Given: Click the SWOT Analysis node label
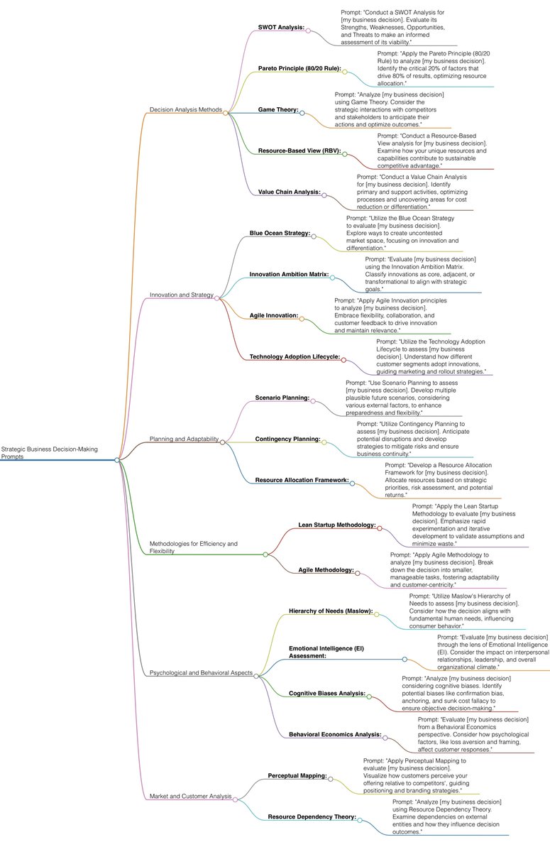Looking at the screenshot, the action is pos(281,28).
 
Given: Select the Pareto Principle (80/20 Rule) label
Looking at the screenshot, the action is pos(299,69).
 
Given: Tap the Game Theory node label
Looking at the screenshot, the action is pos(278,110).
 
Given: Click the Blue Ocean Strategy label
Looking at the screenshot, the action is pos(280,233).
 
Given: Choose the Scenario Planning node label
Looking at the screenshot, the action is pos(282,398).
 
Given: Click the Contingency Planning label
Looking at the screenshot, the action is pos(287,439).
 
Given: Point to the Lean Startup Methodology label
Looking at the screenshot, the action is pos(337,525).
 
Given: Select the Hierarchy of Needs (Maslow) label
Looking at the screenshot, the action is pos(331,611).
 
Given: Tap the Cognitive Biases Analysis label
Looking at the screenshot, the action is pos(327,693).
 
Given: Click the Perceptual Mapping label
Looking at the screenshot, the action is pos(297,776).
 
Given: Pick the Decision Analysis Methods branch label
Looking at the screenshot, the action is pos(186,109).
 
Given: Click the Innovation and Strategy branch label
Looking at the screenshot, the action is pos(182,295).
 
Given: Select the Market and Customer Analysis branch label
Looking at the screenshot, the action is pos(190,796).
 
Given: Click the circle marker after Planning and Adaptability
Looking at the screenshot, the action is pos(222,442).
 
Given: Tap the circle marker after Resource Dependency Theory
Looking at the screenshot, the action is pos(359,819).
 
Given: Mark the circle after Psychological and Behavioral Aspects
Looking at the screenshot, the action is pos(256,675).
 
